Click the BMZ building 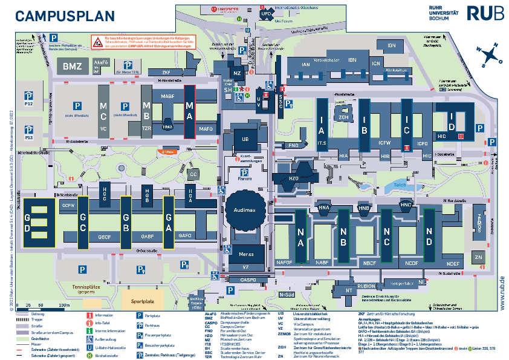pyautogui.click(x=72, y=67)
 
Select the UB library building pyautogui.click(x=245, y=139)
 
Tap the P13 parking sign pyautogui.click(x=28, y=131)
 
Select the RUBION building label pyautogui.click(x=366, y=286)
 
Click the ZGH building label pyautogui.click(x=343, y=117)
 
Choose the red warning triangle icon pyautogui.click(x=97, y=42)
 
